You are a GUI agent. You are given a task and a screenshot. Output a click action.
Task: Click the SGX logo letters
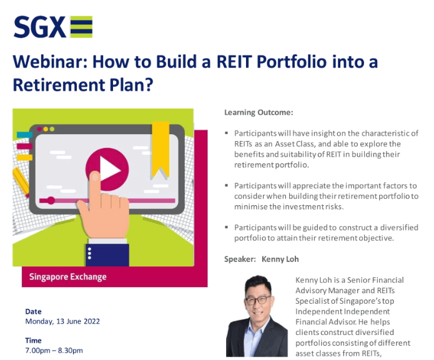tap(40, 27)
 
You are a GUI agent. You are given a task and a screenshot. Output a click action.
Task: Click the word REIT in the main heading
tap(234, 61)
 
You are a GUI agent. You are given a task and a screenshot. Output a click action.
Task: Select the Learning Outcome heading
tap(259, 112)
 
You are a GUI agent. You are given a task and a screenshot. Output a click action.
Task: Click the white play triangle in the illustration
tap(109, 169)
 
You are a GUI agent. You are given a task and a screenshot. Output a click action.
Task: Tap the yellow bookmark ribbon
tap(160, 150)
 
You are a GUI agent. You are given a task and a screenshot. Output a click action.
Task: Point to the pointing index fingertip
tap(95, 175)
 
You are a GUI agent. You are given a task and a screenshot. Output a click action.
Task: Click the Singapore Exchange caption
tap(68, 277)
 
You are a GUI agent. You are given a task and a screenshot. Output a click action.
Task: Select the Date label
tap(33, 311)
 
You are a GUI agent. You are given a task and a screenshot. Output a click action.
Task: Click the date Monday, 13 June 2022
tap(62, 321)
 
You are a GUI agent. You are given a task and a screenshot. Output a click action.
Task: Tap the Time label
tap(33, 341)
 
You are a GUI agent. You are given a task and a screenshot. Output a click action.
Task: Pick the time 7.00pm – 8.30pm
tap(54, 351)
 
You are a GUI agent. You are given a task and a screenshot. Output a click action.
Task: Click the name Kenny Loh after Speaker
tap(280, 259)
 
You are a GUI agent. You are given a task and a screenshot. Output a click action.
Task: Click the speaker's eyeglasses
tap(258, 300)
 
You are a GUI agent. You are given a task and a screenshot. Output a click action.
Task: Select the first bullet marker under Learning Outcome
tap(227, 134)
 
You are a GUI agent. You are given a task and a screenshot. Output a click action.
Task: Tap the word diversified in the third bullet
tap(399, 228)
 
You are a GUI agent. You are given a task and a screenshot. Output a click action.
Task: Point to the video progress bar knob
tap(51, 200)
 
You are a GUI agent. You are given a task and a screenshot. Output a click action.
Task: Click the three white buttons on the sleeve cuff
tap(89, 253)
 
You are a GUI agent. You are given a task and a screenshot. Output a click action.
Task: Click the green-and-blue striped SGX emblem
tap(81, 27)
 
